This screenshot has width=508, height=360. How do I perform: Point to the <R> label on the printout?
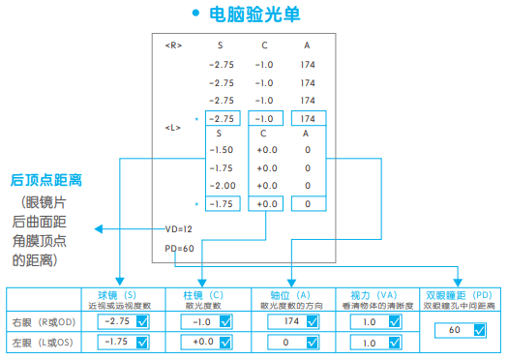click(172, 45)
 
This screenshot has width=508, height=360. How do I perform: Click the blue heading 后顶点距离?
click(45, 180)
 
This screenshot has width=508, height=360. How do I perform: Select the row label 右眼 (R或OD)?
click(42, 321)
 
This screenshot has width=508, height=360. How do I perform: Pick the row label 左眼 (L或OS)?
click(42, 343)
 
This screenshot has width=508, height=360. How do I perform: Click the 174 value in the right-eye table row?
click(289, 321)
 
